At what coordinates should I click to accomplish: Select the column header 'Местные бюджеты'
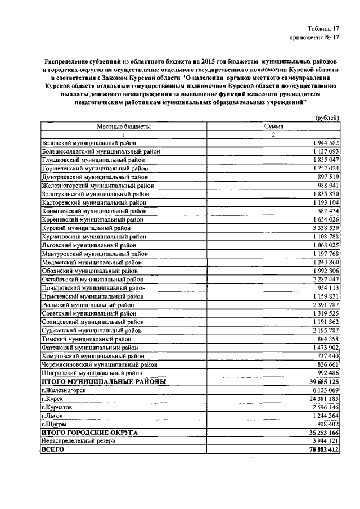click(124, 127)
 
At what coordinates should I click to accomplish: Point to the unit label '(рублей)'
click(326, 118)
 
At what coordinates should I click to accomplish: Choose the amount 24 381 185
click(319, 398)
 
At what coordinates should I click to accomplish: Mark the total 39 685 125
click(318, 381)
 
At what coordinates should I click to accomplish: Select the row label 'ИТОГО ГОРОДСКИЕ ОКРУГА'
click(89, 433)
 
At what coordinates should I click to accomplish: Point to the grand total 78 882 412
click(318, 449)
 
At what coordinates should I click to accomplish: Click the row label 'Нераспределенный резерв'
click(79, 441)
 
